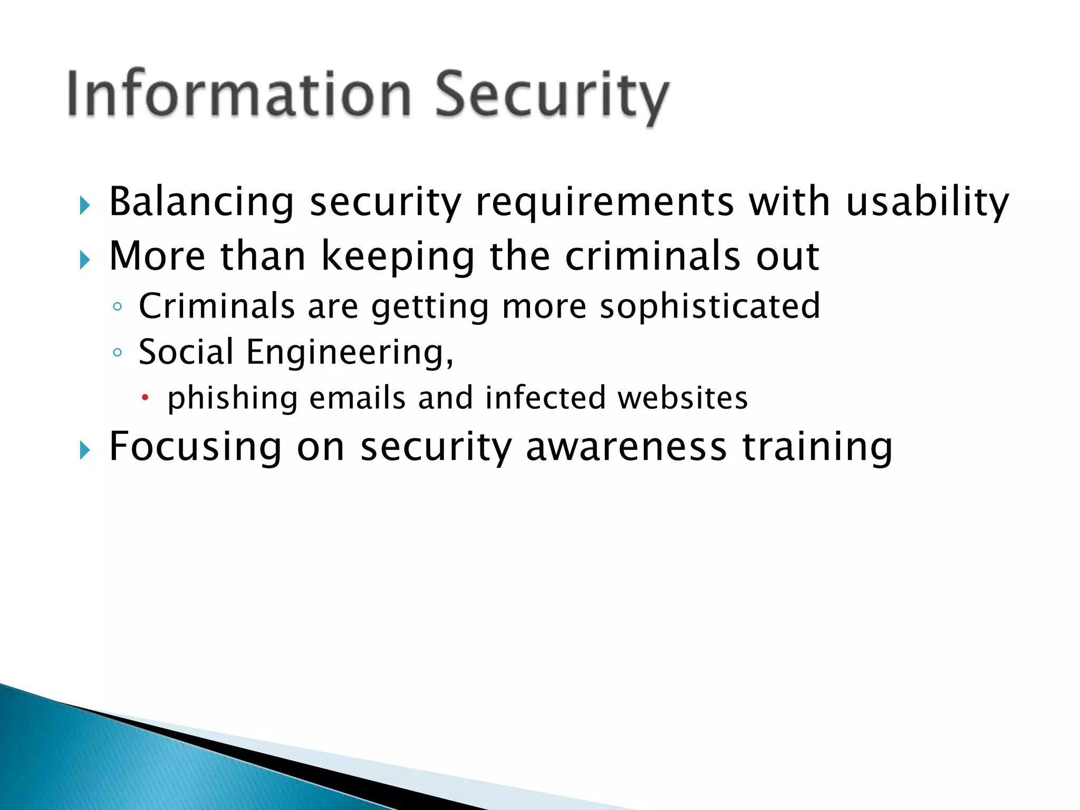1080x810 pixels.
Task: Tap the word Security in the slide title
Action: (552, 97)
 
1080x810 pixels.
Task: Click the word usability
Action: (927, 202)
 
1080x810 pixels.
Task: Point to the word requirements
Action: (604, 204)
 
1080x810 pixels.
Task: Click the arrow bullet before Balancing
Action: (85, 205)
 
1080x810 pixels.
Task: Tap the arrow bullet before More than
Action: (85, 259)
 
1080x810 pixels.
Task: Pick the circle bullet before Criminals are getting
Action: (117, 307)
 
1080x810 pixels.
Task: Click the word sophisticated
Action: (710, 307)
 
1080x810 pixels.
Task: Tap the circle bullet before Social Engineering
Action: (117, 352)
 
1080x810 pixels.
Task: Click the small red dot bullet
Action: (146, 397)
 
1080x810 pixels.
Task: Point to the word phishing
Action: (233, 399)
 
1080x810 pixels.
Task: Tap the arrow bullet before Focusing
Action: (85, 450)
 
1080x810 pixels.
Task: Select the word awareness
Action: (626, 447)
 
